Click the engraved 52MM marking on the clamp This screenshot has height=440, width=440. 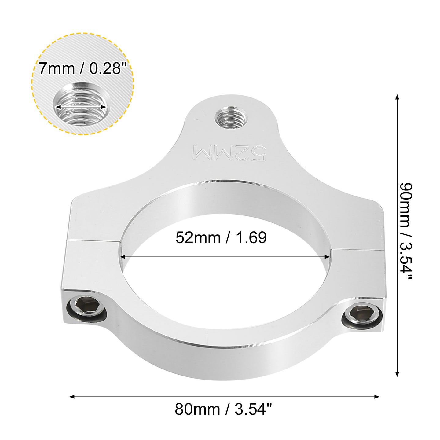tap(229, 153)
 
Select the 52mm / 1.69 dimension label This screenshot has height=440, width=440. tap(221, 237)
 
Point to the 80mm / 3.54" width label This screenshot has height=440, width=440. tap(223, 409)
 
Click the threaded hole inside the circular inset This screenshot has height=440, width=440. tap(80, 105)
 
